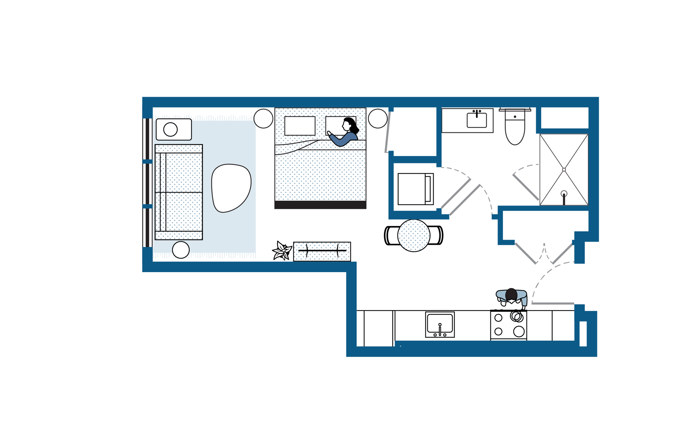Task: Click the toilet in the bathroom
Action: pos(515,130)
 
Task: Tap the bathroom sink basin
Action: pos(477,121)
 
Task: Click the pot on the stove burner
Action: pos(516,316)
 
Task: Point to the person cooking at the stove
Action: pos(511,297)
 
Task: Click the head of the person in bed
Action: pos(348,124)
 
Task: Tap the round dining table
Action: pos(414,236)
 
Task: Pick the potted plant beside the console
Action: pos(282,251)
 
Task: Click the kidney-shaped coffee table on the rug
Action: pos(231,188)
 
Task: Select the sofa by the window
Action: pos(179,192)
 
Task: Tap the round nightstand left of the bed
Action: pos(263,118)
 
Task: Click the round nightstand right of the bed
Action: pos(378,118)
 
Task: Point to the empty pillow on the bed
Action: pos(300,126)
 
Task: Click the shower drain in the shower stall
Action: pos(564,194)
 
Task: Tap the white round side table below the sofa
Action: pos(181,250)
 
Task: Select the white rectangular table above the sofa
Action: pos(174,129)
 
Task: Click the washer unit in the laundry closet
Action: pos(416,189)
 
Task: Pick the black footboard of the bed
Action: pos(320,205)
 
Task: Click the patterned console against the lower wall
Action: pos(322,251)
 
